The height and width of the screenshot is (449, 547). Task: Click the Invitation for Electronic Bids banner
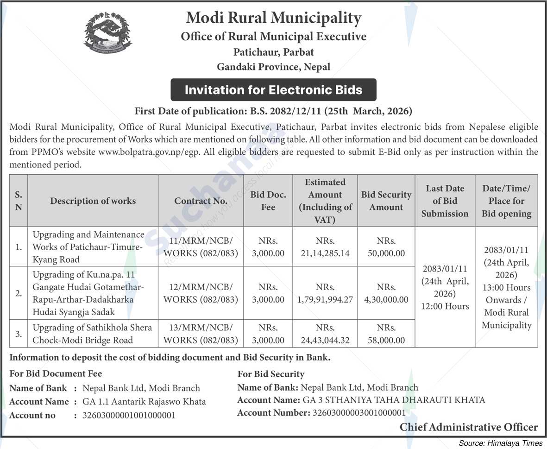coord(273,89)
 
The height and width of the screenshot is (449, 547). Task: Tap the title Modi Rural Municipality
coord(273,18)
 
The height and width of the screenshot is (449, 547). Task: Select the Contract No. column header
coord(201,201)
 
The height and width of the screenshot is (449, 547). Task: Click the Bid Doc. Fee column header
coord(268,201)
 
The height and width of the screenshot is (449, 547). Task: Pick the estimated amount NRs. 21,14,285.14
coord(325,247)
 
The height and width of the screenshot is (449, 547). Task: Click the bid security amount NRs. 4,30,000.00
coord(386,293)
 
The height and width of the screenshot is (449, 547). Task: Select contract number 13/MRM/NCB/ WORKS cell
coord(201,334)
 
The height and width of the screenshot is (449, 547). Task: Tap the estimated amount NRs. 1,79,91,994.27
coord(325,293)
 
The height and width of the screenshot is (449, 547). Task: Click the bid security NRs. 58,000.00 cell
coord(386,334)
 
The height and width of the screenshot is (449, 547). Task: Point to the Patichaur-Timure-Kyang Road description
coord(88,247)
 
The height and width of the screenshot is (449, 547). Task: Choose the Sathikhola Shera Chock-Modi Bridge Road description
coord(92,334)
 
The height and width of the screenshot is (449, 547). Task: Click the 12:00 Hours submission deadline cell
coord(445,287)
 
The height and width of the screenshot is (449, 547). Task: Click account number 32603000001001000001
coord(129,415)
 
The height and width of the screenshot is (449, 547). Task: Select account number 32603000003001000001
coord(358,412)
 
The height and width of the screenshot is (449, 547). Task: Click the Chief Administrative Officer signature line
coord(469,427)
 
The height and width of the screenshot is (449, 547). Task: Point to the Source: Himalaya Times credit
coord(500,443)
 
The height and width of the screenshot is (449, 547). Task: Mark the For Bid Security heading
coord(271,374)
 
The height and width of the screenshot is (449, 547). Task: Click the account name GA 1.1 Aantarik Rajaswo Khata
coord(144,402)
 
